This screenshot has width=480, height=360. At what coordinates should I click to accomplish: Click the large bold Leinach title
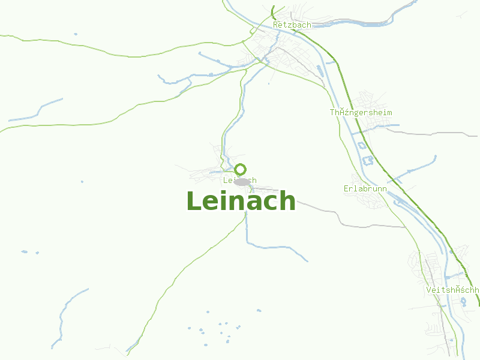241,201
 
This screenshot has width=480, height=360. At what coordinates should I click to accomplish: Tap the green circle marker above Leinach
240,169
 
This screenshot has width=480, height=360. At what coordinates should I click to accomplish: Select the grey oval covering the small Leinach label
242,181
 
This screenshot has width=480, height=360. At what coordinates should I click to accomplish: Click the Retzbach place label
292,25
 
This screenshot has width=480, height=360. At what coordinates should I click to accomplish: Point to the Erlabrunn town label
365,189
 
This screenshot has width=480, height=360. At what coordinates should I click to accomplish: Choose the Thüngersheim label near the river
361,113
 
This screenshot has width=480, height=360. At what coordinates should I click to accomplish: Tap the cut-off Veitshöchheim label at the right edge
452,290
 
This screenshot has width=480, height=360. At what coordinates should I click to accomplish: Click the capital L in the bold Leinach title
193,201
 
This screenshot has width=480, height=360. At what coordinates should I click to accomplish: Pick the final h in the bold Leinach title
288,201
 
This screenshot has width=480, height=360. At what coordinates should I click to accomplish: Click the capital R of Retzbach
275,25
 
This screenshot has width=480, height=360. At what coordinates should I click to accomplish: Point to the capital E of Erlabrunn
346,189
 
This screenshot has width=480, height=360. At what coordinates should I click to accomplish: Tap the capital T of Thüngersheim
332,113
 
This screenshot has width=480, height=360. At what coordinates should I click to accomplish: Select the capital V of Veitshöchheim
428,290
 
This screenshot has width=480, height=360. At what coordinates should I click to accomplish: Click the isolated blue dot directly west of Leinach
82,181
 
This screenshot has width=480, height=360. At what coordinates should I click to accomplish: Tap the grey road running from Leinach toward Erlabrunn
324,210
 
